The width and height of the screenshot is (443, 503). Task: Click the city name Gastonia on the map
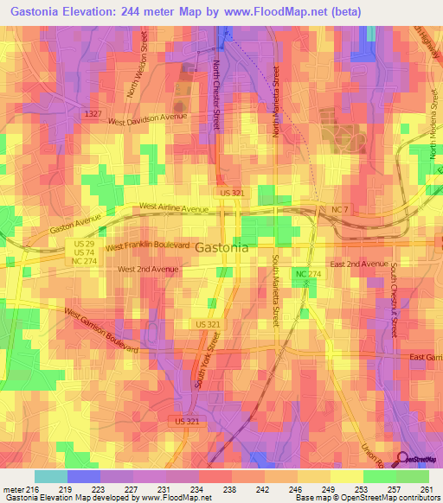click(x=221, y=247)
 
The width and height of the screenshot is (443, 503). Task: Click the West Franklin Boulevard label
click(x=147, y=246)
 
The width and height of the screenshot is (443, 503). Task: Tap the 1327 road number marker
click(x=94, y=113)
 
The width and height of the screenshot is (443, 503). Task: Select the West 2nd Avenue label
click(x=148, y=269)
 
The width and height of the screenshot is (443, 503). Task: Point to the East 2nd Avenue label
click(x=359, y=263)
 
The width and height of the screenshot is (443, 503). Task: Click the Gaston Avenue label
click(x=77, y=223)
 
